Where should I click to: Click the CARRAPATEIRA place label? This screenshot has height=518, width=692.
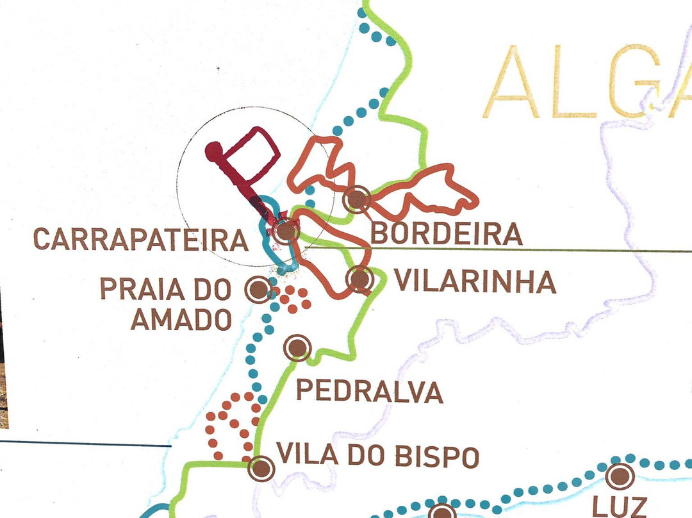point(140,240)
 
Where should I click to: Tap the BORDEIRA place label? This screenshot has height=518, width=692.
point(447,234)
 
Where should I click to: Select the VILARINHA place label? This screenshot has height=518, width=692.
point(474,281)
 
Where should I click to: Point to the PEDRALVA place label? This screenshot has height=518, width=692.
point(370,391)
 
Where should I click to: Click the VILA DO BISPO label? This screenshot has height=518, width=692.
point(377,456)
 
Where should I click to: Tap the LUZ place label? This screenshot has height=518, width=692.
point(620,506)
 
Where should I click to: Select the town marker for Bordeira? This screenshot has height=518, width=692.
point(357,200)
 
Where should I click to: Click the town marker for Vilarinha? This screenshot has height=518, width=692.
point(359,280)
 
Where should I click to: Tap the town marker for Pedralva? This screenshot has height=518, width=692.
point(297,348)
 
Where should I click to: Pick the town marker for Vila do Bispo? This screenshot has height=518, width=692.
point(261,469)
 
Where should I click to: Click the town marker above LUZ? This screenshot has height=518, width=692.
point(618,476)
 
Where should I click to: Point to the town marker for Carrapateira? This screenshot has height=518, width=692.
point(285,232)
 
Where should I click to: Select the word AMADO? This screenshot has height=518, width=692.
point(181,319)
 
